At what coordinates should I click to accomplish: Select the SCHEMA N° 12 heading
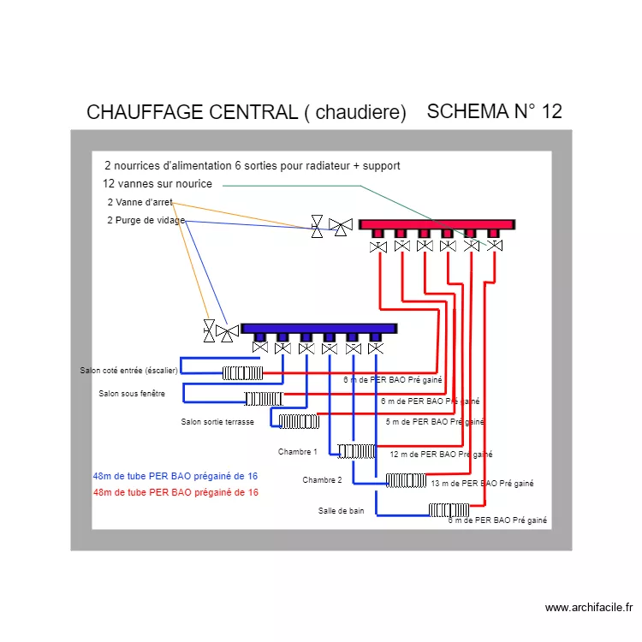coord(494,112)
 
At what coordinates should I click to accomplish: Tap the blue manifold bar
coord(318,328)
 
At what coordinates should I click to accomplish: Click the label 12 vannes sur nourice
coord(157,184)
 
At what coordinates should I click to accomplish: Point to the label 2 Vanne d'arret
coord(140,203)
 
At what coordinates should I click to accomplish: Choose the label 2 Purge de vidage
coord(146,221)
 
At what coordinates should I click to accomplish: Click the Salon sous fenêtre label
coord(131,394)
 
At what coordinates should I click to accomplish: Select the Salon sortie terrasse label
coord(217,422)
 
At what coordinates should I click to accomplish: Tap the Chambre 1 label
coord(297,452)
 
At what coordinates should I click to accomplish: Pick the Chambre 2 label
coord(322,480)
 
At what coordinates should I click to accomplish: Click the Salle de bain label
coord(341,511)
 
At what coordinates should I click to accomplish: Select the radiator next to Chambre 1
coord(356,451)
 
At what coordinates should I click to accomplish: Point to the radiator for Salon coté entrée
coord(242,372)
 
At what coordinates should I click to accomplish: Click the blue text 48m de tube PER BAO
coord(175,476)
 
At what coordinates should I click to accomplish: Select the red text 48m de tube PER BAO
coord(175,493)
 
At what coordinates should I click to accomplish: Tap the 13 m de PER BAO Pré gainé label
coord(482,484)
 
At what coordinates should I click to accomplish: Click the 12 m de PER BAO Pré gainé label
coord(441,455)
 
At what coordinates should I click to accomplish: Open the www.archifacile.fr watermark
coord(588,608)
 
